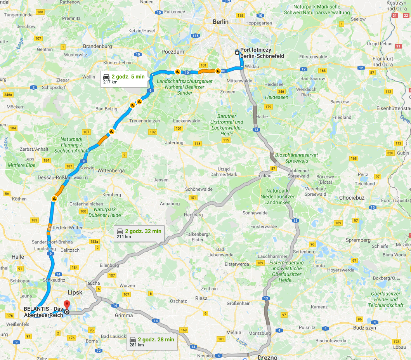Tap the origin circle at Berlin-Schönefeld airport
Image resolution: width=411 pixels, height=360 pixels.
point(237,53)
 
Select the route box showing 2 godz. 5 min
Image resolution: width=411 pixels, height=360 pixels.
point(124,79)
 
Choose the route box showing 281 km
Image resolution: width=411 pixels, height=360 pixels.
point(152,342)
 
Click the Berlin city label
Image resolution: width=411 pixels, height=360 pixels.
point(220,22)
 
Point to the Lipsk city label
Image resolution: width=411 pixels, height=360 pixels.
point(75,292)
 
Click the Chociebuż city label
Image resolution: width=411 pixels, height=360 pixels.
point(352,198)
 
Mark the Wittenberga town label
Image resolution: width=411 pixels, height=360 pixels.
point(111,170)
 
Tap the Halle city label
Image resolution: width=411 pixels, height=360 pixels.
point(18,257)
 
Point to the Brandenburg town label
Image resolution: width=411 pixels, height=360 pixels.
point(97,46)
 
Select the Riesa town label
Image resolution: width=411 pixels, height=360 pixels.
point(201,298)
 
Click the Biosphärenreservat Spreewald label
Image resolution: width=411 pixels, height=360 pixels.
point(296,158)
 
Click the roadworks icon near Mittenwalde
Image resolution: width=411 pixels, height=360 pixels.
point(218,71)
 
